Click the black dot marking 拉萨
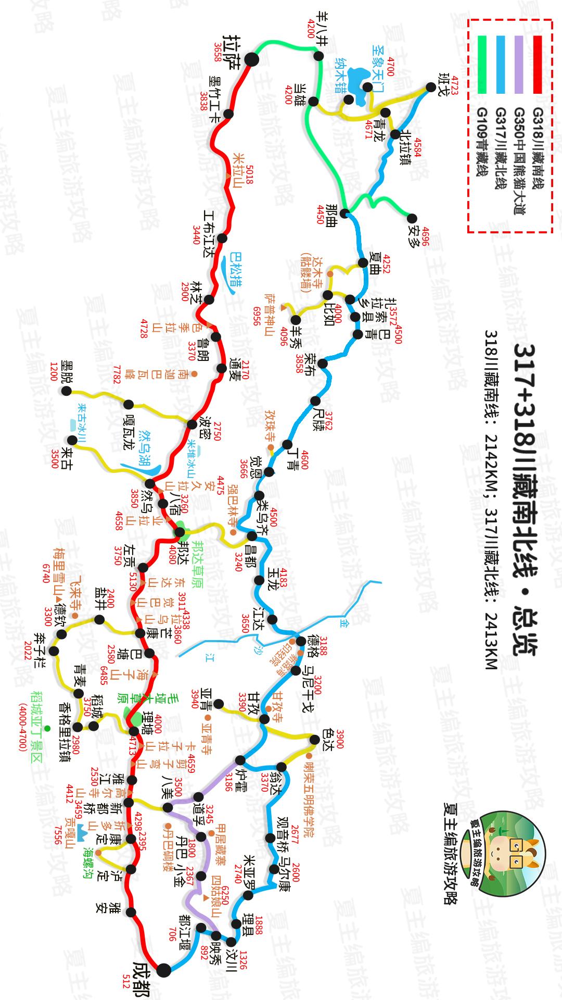(x=252, y=59)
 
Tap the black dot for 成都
(x=163, y=970)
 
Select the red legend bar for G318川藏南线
(x=537, y=64)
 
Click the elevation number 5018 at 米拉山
(x=248, y=176)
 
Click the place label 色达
(x=327, y=739)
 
